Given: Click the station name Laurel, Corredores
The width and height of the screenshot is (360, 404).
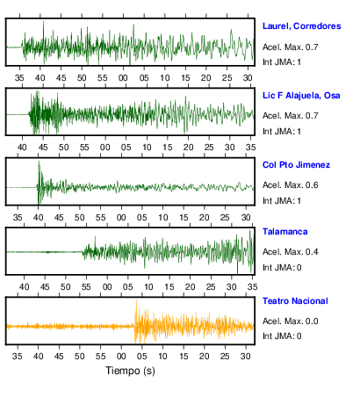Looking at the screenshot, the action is [301, 26].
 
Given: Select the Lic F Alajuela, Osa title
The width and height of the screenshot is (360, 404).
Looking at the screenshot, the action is [301, 96].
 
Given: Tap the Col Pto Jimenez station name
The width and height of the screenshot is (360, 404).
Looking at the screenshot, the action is [296, 165].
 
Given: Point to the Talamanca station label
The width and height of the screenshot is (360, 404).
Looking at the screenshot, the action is [284, 232].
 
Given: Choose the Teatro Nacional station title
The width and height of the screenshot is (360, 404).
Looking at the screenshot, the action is [295, 301].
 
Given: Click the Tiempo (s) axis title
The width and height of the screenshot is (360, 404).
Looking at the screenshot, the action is [130, 371].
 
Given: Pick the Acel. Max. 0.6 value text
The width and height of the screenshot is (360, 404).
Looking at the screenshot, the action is [290, 185].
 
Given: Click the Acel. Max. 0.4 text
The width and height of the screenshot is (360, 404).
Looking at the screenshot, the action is [290, 252].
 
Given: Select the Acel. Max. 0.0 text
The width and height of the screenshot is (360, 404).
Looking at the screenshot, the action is [290, 321].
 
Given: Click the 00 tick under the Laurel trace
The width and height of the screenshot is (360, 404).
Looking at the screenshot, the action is [123, 78].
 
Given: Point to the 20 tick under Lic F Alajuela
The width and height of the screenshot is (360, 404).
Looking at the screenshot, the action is [188, 148].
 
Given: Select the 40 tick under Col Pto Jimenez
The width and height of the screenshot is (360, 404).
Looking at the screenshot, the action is [38, 218].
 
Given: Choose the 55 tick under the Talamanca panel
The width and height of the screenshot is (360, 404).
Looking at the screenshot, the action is [86, 287].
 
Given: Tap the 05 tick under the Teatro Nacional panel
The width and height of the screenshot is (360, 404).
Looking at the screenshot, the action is [142, 357].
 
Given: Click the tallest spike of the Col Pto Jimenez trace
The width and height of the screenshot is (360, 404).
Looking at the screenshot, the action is [39, 162].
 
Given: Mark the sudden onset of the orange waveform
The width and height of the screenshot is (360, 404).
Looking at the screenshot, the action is [134, 326].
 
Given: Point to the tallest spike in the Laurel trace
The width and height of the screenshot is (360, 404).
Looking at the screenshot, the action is [44, 22].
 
